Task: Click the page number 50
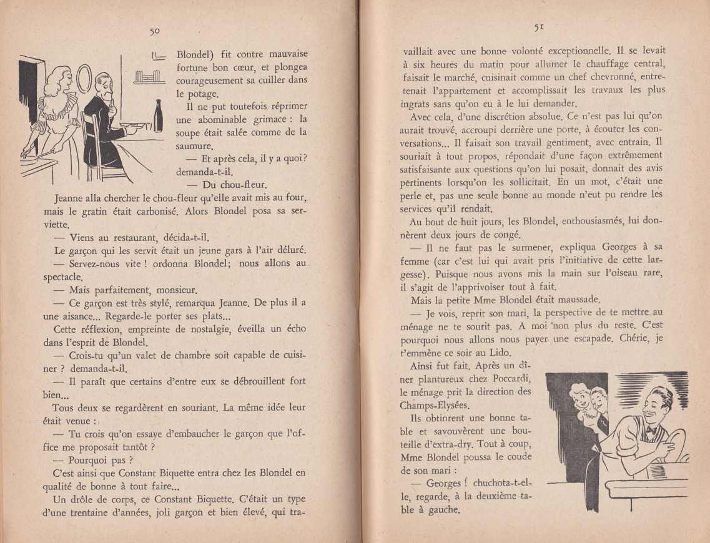coord(155,31)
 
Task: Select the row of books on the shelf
coord(148,79)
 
